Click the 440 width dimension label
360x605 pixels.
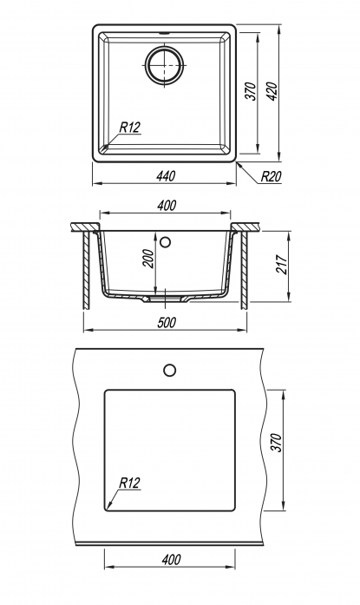pyautogui.click(x=166, y=176)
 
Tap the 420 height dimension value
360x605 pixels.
pyautogui.click(x=272, y=91)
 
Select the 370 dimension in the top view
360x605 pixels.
pyautogui.click(x=251, y=91)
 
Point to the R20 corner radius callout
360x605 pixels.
pyautogui.click(x=272, y=177)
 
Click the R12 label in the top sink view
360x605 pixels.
pyautogui.click(x=129, y=127)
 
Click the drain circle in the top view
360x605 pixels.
pyautogui.click(x=165, y=64)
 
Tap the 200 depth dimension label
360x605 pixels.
pyautogui.click(x=148, y=259)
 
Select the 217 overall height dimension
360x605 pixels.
pyautogui.click(x=282, y=265)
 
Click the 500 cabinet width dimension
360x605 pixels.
pyautogui.click(x=167, y=322)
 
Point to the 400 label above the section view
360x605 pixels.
pyautogui.click(x=167, y=205)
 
